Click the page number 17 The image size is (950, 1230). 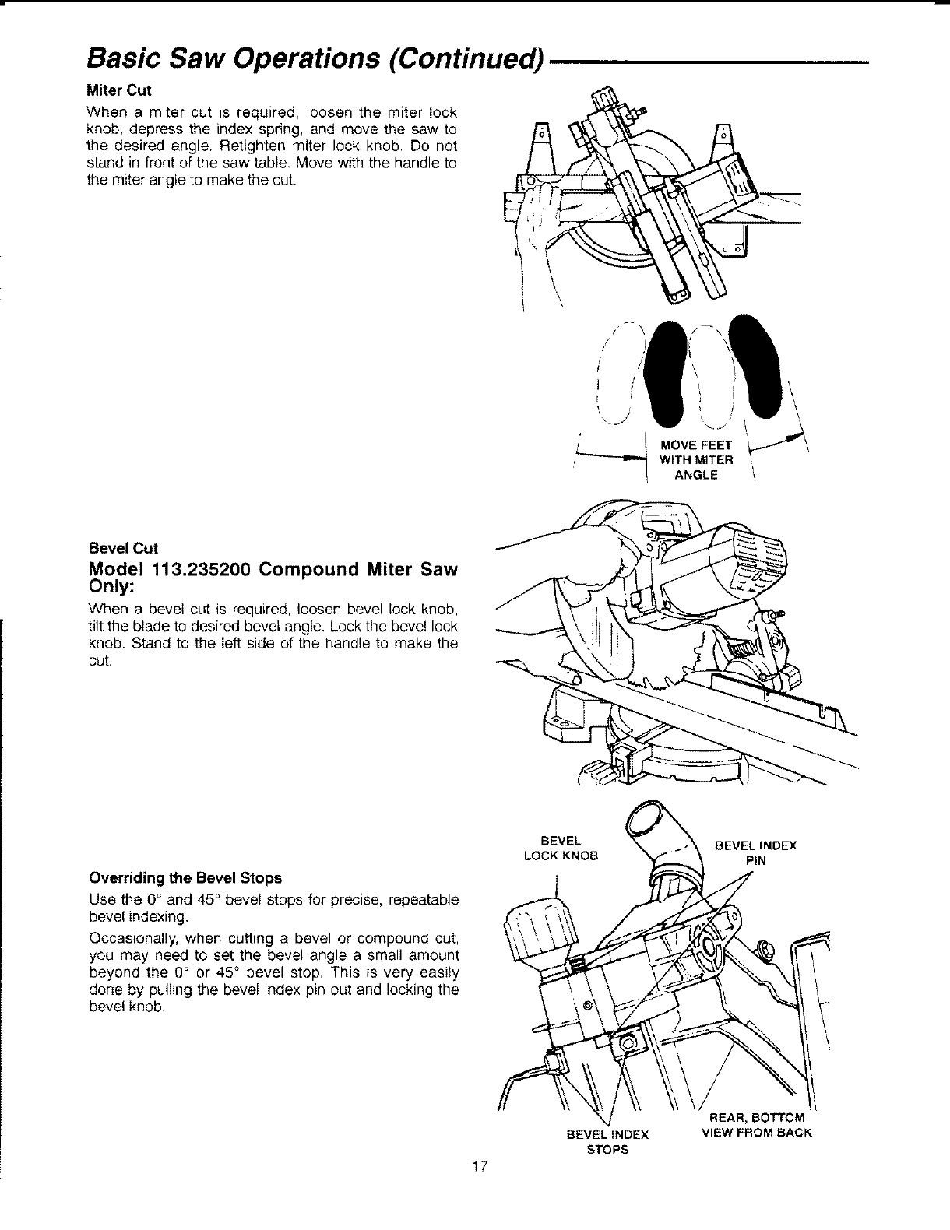coord(479,1187)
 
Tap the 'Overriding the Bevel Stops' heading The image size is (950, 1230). coord(185,877)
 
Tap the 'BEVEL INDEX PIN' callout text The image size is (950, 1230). coord(755,853)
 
